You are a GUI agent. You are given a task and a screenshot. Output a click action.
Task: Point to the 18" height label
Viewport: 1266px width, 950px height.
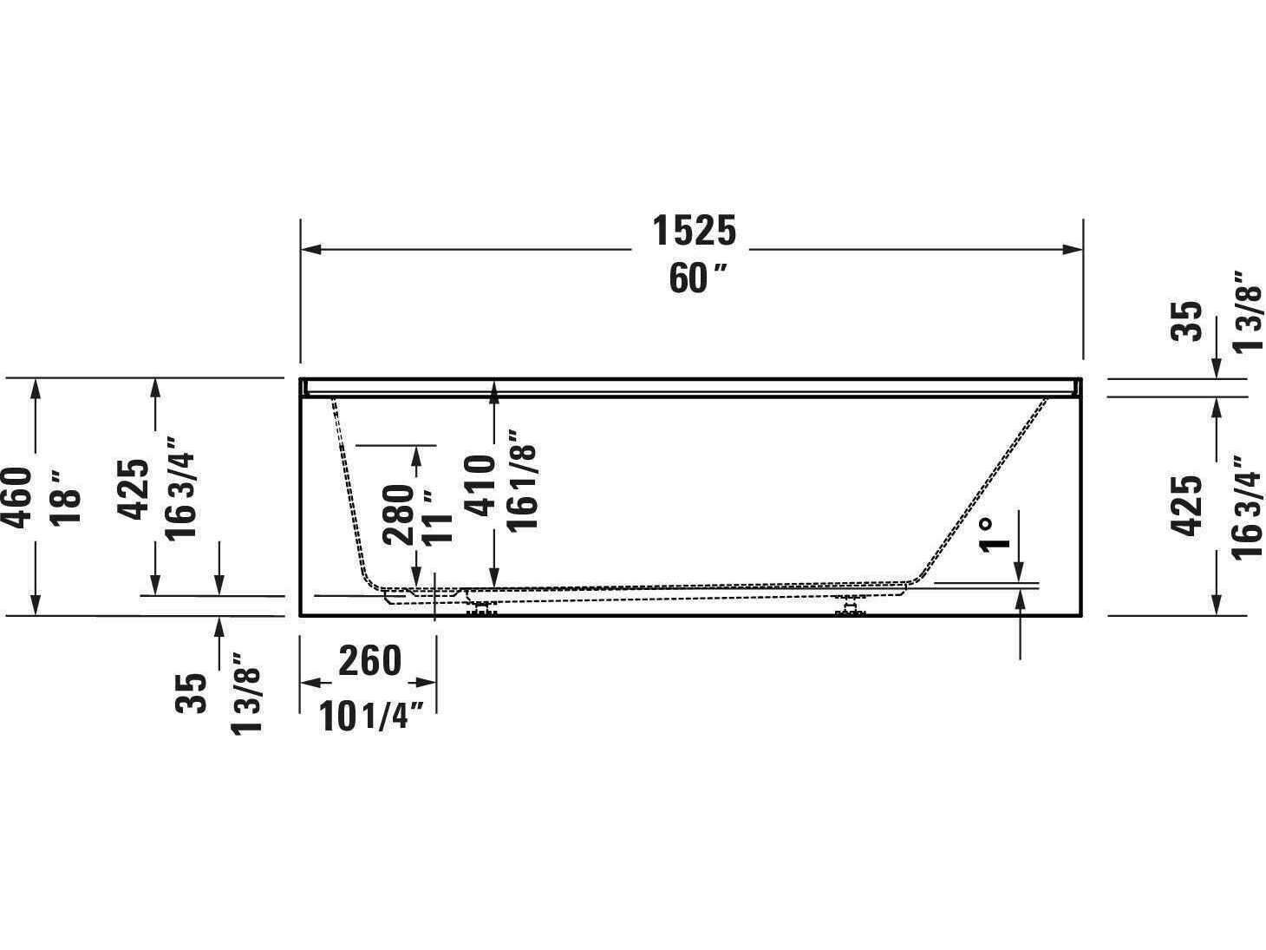click(66, 497)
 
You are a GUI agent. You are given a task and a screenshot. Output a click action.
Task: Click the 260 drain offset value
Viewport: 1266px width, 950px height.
click(369, 662)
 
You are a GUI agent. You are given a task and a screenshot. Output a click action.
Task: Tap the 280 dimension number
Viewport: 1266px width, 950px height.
click(400, 514)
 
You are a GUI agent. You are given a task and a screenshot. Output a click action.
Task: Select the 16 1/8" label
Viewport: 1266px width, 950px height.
click(522, 480)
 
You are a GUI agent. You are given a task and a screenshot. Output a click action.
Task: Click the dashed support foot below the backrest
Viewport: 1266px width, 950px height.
click(851, 606)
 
